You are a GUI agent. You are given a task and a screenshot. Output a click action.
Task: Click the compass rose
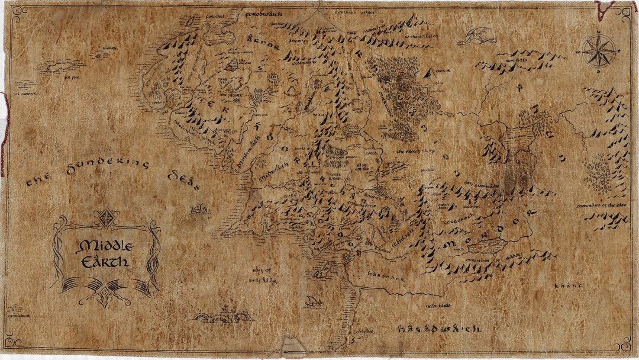tap(598, 51)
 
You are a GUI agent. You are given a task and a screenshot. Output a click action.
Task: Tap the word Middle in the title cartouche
tap(106, 246)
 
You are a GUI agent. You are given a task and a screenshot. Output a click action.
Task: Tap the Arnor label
tap(259, 43)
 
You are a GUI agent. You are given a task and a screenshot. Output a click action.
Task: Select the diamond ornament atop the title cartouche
tap(107, 218)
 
